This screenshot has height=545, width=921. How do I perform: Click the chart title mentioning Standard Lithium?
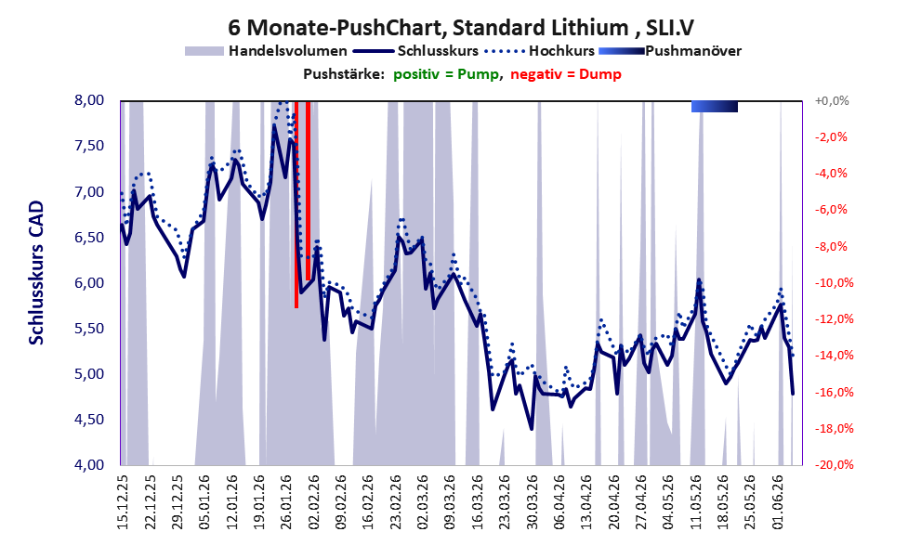461,27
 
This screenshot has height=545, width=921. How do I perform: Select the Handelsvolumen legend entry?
266,51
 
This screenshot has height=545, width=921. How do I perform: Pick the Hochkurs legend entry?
539,51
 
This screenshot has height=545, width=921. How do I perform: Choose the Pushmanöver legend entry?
669,51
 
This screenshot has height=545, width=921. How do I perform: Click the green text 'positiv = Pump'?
445,74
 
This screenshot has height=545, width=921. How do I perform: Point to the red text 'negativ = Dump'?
566,74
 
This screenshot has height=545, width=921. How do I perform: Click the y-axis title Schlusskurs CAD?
36,273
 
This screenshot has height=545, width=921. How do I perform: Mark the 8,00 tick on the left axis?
89,100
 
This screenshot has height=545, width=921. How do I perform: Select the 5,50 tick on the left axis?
89,329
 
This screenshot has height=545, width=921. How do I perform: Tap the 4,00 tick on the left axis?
89,465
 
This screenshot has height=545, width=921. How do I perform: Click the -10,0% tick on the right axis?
831,283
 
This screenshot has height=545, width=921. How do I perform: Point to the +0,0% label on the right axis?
832,101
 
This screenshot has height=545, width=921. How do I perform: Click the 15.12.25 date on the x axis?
123,501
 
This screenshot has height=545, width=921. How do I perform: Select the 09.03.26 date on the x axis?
450,501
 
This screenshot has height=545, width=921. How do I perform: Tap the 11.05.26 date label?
696,501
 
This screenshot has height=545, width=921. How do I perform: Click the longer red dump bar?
296,204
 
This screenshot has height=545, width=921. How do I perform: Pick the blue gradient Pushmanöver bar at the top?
715,106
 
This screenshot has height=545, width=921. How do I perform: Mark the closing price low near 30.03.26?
532,429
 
